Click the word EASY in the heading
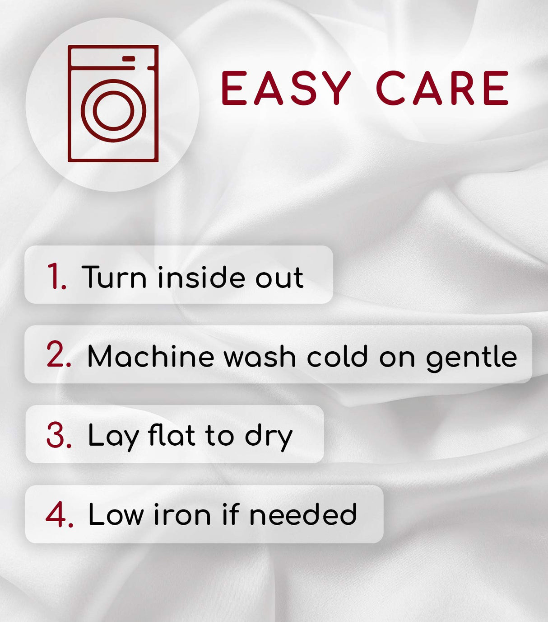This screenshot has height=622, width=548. coord(286,88)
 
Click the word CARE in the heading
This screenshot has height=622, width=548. coord(442,88)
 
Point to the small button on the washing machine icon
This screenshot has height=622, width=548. coord(129,59)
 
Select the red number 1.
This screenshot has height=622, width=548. coord(57,276)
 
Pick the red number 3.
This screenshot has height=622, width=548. coord(59,434)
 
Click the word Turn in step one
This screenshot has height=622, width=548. coord(114,277)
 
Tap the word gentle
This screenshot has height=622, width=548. coord(472,358)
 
